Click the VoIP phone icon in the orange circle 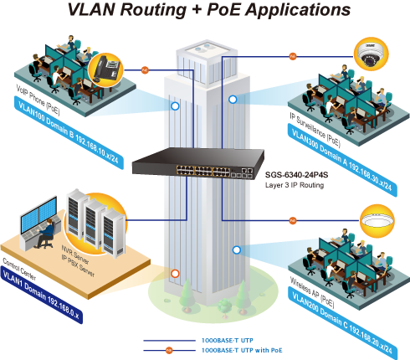click(x=105, y=69)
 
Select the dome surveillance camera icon click(x=371, y=54)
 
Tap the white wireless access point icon click(x=377, y=221)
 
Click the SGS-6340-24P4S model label click(x=296, y=175)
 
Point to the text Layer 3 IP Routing click(x=295, y=185)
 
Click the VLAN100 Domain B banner click(x=69, y=133)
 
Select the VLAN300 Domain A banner click(x=342, y=161)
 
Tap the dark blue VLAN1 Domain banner click(x=42, y=295)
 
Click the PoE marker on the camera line click(x=293, y=56)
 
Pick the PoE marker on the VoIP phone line click(x=145, y=69)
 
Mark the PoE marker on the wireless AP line click(x=293, y=220)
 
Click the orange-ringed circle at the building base click(x=175, y=274)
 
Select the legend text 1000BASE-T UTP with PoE click(x=242, y=350)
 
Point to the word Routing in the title click(x=153, y=9)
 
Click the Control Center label click(x=19, y=269)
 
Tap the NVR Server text click(x=75, y=255)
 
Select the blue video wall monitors click(x=39, y=214)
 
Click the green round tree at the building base click(x=224, y=305)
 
